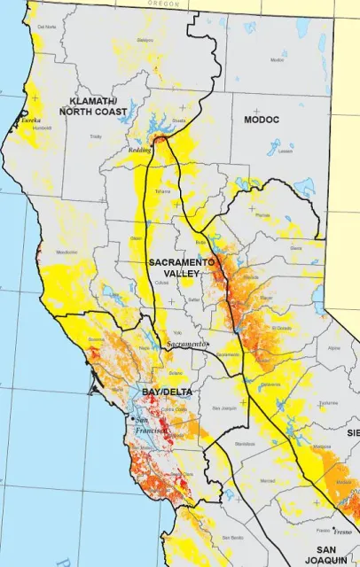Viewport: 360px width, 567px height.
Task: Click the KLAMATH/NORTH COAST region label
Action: coord(91,106)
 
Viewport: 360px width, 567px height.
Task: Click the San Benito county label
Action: coord(232,538)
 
